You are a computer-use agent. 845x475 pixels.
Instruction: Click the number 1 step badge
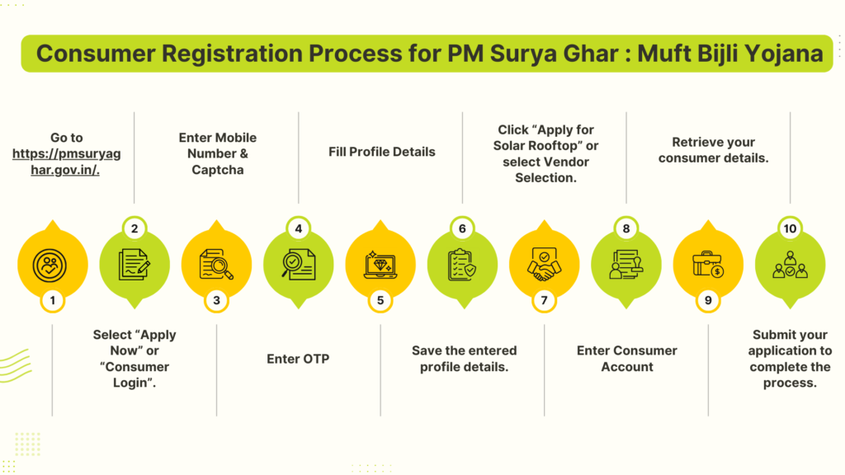[52, 300]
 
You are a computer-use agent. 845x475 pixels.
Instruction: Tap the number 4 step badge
[298, 229]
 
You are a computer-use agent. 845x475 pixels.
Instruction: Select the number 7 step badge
[544, 300]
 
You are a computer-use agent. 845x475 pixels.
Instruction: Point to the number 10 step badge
[790, 229]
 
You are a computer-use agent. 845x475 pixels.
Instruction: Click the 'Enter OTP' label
[298, 359]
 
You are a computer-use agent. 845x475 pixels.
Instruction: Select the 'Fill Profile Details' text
[381, 152]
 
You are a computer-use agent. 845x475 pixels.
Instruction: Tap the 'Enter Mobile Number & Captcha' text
[218, 153]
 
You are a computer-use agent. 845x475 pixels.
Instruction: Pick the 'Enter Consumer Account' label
[627, 359]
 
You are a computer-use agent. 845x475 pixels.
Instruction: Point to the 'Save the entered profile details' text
[464, 359]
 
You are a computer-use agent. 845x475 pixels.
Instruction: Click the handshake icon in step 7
[544, 263]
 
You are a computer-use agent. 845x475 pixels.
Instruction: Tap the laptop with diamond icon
[380, 265]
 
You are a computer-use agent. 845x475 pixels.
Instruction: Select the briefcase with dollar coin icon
[708, 265]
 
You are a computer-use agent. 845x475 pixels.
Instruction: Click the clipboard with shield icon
[462, 265]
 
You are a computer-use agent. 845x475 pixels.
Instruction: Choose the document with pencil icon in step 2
[135, 265]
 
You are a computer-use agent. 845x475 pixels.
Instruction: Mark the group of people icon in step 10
[790, 265]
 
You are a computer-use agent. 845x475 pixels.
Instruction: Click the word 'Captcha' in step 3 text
[218, 169]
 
